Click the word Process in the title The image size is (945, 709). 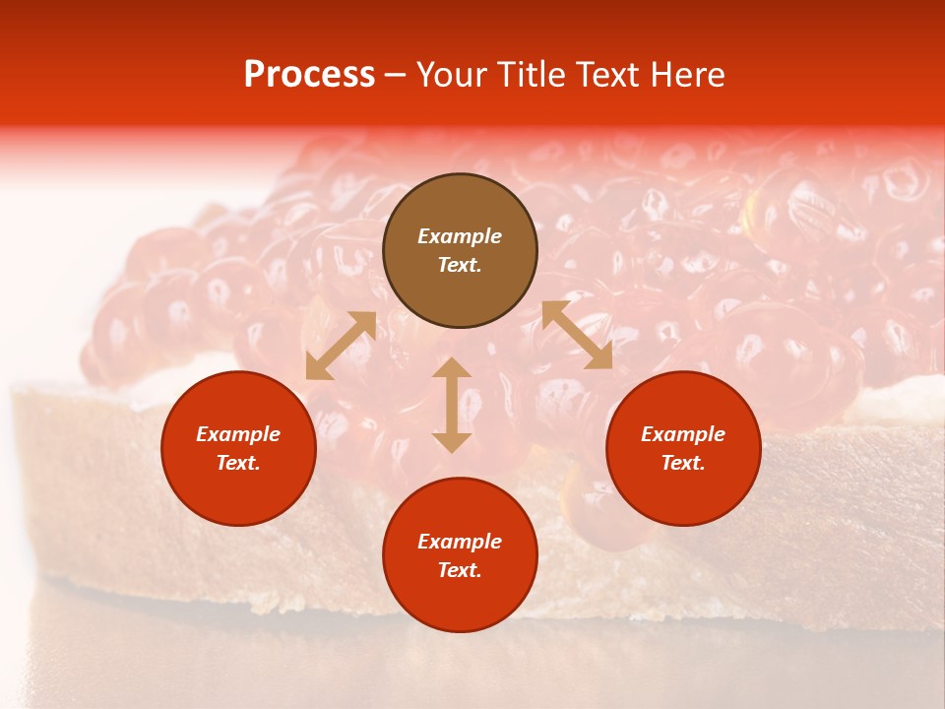click(x=309, y=75)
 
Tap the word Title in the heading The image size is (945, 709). click(x=534, y=75)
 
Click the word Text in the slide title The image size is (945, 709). click(x=608, y=75)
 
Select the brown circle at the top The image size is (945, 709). click(x=460, y=250)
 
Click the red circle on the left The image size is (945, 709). click(x=238, y=448)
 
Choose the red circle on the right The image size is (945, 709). click(x=683, y=448)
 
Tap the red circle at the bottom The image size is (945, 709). click(x=460, y=554)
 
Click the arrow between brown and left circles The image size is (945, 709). click(x=341, y=346)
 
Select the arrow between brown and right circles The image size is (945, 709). click(x=577, y=336)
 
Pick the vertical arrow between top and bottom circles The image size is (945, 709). click(x=452, y=405)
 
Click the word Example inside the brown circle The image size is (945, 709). click(x=460, y=236)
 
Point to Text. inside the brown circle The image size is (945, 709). click(x=460, y=265)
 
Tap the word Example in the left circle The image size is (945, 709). click(x=238, y=434)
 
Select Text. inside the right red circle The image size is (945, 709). click(x=683, y=463)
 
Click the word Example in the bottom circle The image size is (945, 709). click(x=460, y=542)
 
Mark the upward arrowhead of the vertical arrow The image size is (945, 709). click(x=452, y=367)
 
